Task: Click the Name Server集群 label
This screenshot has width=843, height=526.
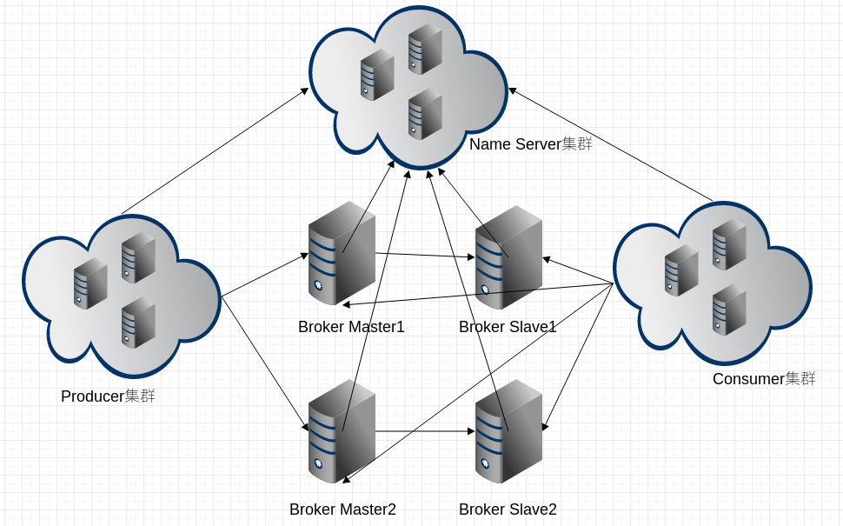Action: pyautogui.click(x=530, y=144)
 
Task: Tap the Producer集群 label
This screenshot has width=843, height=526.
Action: pyautogui.click(x=108, y=396)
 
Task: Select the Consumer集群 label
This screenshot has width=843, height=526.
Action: pyautogui.click(x=764, y=379)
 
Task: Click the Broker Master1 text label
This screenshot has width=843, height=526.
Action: pyautogui.click(x=351, y=328)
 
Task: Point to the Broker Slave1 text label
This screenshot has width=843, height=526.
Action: pyautogui.click(x=508, y=328)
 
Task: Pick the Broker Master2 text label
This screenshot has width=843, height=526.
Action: pyautogui.click(x=342, y=510)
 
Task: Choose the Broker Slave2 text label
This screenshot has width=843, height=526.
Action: pyautogui.click(x=508, y=510)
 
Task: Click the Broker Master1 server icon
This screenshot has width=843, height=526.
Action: pyautogui.click(x=342, y=254)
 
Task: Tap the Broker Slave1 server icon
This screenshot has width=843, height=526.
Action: pyautogui.click(x=508, y=258)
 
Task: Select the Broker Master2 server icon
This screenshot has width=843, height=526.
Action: pyautogui.click(x=342, y=432)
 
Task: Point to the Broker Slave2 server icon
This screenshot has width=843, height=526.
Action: pyautogui.click(x=508, y=432)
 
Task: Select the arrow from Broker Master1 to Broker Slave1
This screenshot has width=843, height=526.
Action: pyautogui.click(x=426, y=256)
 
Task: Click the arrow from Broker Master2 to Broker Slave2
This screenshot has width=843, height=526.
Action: pyautogui.click(x=426, y=431)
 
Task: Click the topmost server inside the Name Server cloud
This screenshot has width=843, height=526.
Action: pyautogui.click(x=425, y=49)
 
